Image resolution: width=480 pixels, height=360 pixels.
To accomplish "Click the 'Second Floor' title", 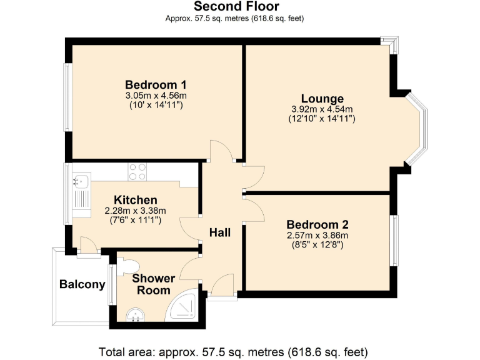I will [236, 6].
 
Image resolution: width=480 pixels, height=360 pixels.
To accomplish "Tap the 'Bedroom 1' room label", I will [156, 85].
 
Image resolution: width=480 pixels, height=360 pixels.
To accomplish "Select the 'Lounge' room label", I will [322, 99].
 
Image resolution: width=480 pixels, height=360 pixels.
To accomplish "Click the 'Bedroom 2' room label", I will [317, 224].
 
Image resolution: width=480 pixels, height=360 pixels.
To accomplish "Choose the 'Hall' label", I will [220, 232].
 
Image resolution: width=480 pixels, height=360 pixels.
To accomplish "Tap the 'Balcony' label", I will [82, 284].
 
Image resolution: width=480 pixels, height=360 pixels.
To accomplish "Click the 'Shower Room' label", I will [153, 284].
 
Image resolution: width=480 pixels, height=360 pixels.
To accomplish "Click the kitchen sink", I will [81, 181].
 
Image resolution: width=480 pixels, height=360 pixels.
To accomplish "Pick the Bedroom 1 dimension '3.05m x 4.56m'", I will [156, 96].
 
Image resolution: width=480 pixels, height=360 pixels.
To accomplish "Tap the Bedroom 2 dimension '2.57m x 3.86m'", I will [317, 235].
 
